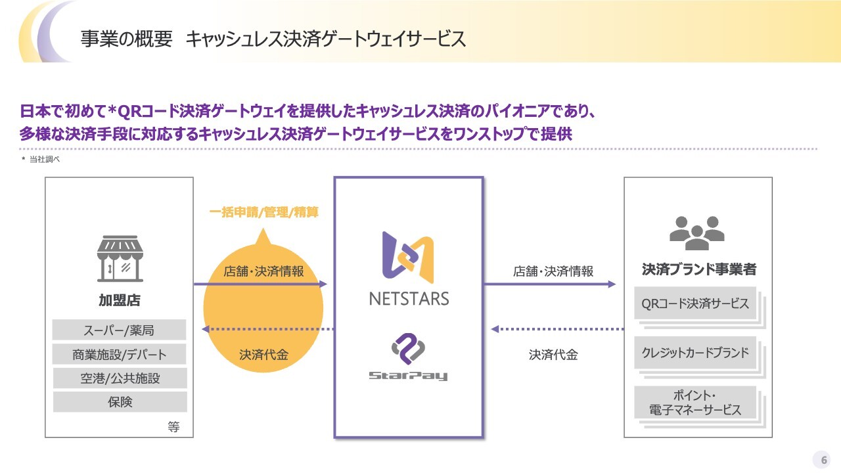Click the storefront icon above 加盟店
120,258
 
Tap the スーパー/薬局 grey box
119,330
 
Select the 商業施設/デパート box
119,354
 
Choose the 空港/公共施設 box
120,378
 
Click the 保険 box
120,401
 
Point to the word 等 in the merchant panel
173,427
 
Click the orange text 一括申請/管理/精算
264,212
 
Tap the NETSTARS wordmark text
409,299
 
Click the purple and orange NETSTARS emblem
408,257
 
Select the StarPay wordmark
408,375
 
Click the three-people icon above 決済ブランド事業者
697,233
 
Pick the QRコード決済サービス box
695,304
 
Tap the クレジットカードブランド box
695,353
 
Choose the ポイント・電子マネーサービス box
695,402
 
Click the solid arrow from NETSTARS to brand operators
550,284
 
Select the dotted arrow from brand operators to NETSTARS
558,329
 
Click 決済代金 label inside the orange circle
264,355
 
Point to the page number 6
824,460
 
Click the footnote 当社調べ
44,159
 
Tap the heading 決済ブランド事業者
698,269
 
